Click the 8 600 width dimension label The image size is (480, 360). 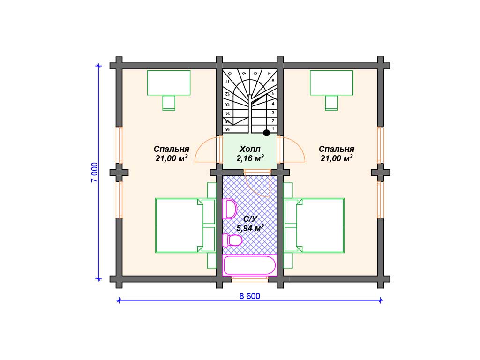point(249,296)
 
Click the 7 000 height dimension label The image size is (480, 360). point(95,172)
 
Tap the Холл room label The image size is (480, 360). point(250,149)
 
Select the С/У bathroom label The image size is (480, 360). point(250,218)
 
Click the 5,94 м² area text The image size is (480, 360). point(250,228)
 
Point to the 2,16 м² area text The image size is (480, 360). point(250,158)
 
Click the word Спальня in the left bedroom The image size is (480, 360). point(172,149)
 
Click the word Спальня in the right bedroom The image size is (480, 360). point(337,149)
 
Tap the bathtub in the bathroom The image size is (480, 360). point(250,265)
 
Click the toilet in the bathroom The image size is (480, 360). point(232,240)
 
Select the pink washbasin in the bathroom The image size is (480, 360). point(230,209)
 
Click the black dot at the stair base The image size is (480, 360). point(267,133)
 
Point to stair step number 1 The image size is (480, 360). point(273,129)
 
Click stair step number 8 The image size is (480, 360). point(255,74)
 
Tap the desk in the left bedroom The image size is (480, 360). point(169,82)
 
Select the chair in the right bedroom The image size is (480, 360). point(331,103)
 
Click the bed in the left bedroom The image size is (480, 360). point(179,225)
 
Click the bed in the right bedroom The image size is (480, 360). point(320,225)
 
